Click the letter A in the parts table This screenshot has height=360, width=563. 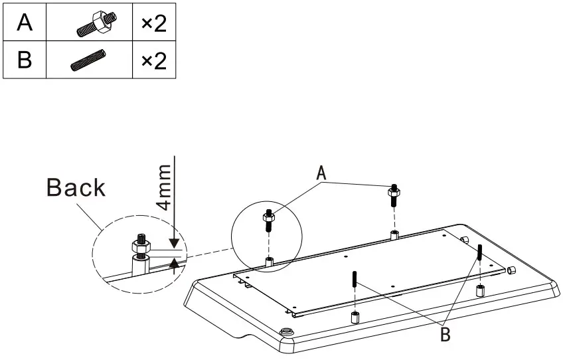[24, 23]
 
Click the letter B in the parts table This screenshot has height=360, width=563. [24, 60]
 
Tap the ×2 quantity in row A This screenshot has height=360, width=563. [153, 24]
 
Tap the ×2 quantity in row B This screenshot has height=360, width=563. [153, 61]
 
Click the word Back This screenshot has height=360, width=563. [76, 187]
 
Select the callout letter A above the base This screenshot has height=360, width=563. [321, 173]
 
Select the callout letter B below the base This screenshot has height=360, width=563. [445, 334]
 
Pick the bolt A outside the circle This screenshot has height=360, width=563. [394, 195]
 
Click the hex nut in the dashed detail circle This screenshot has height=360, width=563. [141, 246]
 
